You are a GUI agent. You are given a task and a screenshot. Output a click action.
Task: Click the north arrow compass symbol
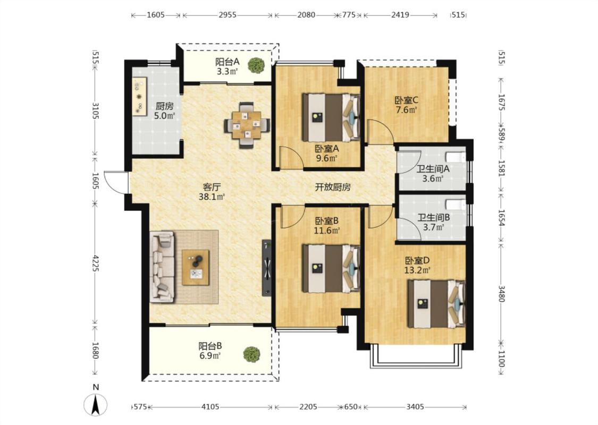(x=96, y=404)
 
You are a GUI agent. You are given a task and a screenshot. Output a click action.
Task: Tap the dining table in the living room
(x=247, y=125)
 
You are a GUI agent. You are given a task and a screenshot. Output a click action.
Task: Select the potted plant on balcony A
(x=256, y=65)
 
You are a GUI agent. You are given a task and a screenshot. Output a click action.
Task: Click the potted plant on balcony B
(x=252, y=354)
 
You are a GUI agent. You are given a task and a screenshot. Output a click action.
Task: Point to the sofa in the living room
(x=163, y=267)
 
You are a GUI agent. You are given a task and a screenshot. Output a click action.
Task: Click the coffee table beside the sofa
(x=196, y=268)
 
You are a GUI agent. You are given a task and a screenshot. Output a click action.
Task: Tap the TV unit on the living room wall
(x=267, y=268)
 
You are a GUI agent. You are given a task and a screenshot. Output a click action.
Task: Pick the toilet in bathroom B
(x=456, y=205)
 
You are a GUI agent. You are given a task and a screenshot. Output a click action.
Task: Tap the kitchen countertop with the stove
(x=139, y=96)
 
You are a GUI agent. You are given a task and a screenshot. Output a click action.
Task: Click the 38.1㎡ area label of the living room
(x=212, y=197)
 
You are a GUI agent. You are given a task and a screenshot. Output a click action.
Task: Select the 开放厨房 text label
(x=333, y=187)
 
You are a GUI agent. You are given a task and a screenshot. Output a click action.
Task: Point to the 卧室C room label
(x=406, y=100)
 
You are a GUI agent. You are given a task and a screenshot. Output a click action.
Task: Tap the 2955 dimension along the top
(x=228, y=15)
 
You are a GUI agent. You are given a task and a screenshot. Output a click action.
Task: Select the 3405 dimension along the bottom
(x=415, y=407)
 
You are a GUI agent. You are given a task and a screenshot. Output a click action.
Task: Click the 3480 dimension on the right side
(x=501, y=293)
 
